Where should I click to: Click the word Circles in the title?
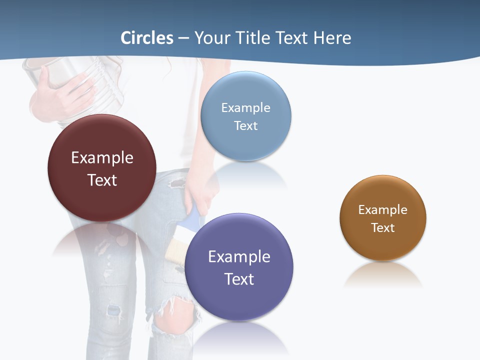(x=147, y=38)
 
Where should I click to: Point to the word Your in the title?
(x=211, y=38)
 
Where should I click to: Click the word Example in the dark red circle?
(x=102, y=157)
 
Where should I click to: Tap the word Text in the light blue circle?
(x=245, y=125)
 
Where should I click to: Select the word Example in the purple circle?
(x=239, y=256)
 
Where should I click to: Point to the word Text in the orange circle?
(x=383, y=227)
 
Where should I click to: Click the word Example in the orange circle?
(x=383, y=209)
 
